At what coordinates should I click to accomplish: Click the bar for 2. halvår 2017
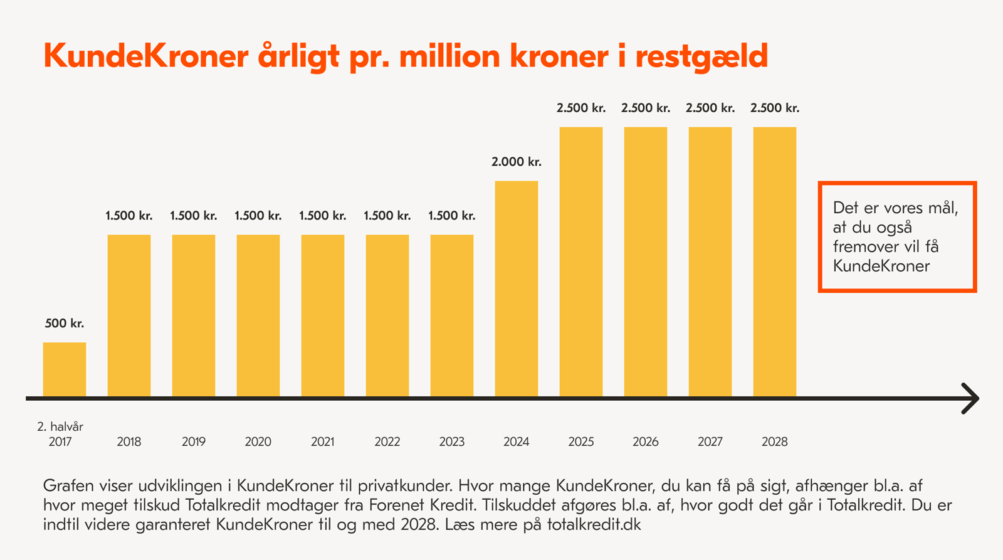coord(65,369)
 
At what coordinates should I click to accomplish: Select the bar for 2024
coord(517,288)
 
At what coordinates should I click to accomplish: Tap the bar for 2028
coord(775,262)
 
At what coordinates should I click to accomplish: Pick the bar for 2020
coord(258,315)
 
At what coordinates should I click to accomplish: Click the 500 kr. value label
coord(65,324)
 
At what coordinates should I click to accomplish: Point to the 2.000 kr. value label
coord(517,162)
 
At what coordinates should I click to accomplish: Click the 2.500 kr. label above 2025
coord(581,108)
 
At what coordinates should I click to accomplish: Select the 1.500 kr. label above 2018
coord(129,216)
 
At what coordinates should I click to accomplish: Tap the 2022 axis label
coord(387,441)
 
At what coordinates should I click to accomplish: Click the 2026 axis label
coord(646,441)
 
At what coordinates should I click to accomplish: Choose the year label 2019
coord(194,441)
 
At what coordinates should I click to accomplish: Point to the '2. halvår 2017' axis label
coord(60,434)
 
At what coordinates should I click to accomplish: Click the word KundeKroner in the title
coord(146,56)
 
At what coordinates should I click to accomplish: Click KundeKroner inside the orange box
coord(881,266)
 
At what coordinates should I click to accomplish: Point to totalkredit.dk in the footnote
coord(594,524)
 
